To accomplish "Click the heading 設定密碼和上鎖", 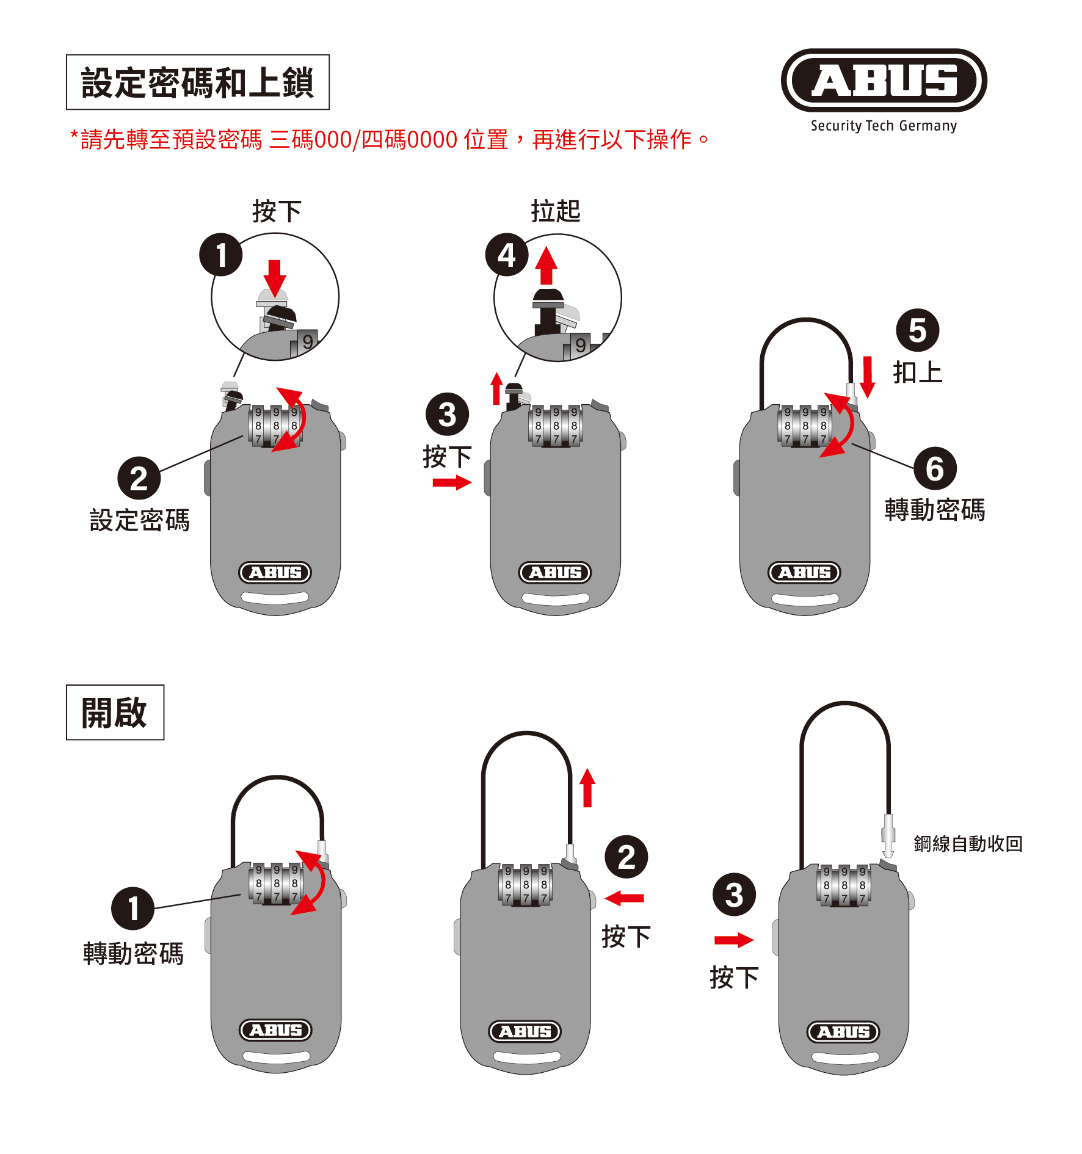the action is (197, 82).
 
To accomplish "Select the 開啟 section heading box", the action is (115, 712).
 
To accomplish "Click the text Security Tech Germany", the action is (883, 126).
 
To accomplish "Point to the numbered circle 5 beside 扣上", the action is (917, 330).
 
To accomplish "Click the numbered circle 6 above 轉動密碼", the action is (934, 469).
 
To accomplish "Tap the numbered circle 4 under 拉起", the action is (506, 255).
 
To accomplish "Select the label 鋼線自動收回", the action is (968, 844).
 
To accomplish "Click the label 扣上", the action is (917, 372).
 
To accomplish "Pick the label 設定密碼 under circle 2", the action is (139, 520).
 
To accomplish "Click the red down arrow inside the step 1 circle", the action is (275, 278).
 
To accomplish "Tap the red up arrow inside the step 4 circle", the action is (546, 266).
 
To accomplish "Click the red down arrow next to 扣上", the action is (867, 377).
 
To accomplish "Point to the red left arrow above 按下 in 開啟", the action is (624, 898).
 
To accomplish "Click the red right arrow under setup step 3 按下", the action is (452, 483).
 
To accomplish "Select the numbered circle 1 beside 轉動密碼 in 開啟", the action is (133, 908).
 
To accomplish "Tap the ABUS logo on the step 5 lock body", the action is (804, 572).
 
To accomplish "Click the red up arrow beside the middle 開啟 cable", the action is (587, 788).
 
